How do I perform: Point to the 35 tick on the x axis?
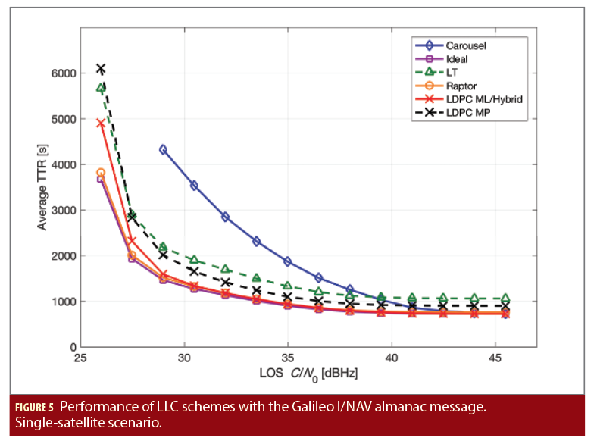pos(288,358)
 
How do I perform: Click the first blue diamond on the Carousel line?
pos(163,150)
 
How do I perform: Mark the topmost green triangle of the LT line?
pos(101,89)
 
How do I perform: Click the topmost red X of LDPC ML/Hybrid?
pos(101,124)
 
